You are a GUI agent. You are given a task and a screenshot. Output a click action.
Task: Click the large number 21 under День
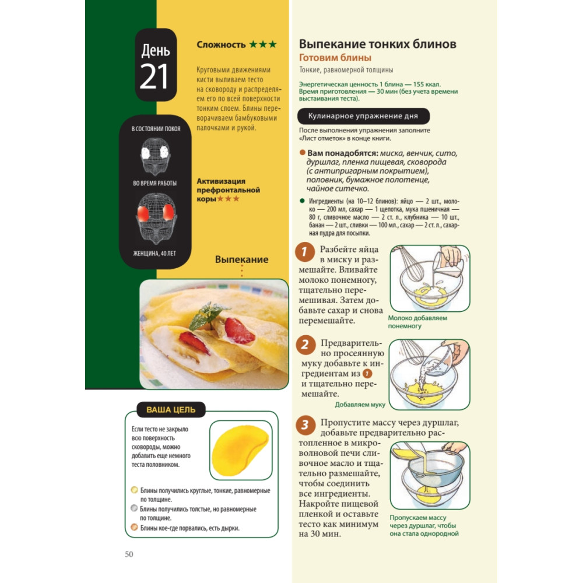tap(154, 76)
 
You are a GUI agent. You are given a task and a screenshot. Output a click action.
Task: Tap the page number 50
tap(129, 554)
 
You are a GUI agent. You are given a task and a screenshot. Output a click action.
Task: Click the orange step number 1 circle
tap(305, 252)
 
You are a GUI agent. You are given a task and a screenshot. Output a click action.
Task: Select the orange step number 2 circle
tap(305, 345)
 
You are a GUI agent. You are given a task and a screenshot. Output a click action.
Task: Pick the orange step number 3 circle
tap(305, 424)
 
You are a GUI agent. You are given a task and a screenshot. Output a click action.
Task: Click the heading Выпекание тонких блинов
tap(377, 44)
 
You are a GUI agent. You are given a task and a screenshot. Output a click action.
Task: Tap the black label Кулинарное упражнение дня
tap(363, 116)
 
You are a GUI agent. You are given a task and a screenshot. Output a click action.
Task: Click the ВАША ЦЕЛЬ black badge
tap(171, 409)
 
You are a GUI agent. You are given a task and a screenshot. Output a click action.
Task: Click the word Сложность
tap(221, 45)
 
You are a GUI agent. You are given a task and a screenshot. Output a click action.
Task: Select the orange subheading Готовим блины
tap(335, 58)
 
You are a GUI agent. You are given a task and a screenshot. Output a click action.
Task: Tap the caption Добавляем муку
tap(360, 405)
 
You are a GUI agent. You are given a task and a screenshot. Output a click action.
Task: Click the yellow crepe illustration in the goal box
tap(240, 451)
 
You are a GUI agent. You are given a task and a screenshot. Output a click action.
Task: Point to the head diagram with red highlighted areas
tap(156, 219)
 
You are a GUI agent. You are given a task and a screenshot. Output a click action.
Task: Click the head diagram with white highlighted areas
tap(155, 156)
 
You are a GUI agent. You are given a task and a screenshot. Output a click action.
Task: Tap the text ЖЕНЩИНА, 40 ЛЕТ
tap(154, 254)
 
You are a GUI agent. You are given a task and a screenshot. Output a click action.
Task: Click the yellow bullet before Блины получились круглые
tap(134, 490)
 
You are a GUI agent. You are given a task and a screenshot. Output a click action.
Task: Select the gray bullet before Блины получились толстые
tap(134, 508)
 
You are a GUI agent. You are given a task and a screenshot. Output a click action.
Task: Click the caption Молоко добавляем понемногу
tap(417, 322)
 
